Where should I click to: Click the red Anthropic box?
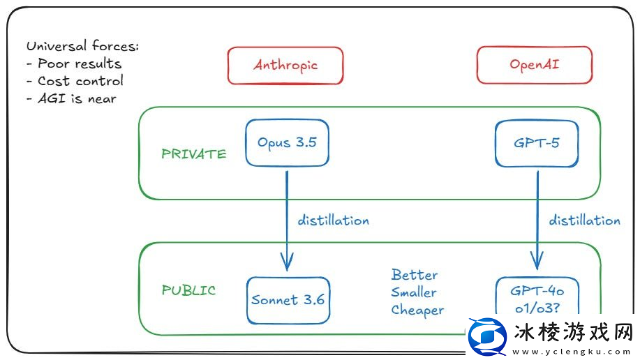[285, 66]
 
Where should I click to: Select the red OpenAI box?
[534, 66]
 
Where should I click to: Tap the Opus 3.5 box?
[286, 143]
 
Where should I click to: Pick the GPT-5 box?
[537, 143]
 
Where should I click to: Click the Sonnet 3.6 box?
[288, 301]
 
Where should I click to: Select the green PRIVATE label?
[193, 154]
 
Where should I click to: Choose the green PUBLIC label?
[188, 290]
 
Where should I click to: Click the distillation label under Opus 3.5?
[333, 220]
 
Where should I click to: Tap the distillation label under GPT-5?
[584, 220]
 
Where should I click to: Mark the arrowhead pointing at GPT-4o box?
[537, 264]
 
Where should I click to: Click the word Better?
[415, 274]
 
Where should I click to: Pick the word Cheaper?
[417, 310]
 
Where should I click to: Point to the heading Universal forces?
[82, 47]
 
